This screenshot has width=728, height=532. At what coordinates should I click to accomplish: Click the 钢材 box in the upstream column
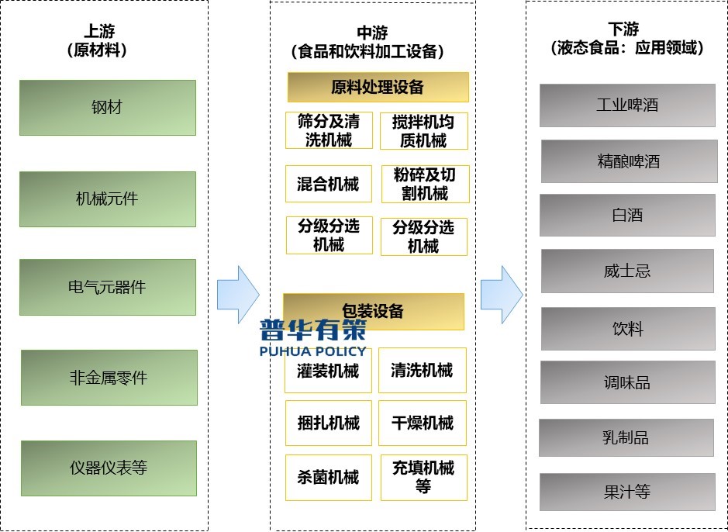click(107, 108)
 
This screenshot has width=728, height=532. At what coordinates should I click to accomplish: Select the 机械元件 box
click(107, 199)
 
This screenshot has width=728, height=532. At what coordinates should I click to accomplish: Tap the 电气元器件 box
click(107, 287)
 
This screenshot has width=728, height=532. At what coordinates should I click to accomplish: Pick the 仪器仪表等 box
click(109, 468)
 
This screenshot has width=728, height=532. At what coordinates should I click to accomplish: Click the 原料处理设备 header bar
click(378, 88)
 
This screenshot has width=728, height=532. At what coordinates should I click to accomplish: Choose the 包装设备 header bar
click(373, 312)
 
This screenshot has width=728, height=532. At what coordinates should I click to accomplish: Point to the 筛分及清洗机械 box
click(329, 131)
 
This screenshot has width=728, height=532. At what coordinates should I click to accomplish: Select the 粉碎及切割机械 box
click(425, 185)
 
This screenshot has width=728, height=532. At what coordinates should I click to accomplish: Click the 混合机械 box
click(328, 185)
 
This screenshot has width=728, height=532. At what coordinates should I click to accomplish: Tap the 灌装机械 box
click(328, 371)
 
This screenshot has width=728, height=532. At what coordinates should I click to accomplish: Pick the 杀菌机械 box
click(328, 477)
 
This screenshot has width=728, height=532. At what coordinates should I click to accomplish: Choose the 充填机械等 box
click(423, 477)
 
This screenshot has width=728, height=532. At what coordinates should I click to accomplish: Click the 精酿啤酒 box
click(629, 161)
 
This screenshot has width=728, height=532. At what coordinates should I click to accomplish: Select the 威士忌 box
click(627, 271)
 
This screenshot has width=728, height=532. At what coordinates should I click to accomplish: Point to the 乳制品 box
click(626, 437)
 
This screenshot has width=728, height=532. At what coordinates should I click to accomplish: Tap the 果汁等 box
click(627, 492)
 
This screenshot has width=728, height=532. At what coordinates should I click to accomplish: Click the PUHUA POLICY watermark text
click(313, 351)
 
